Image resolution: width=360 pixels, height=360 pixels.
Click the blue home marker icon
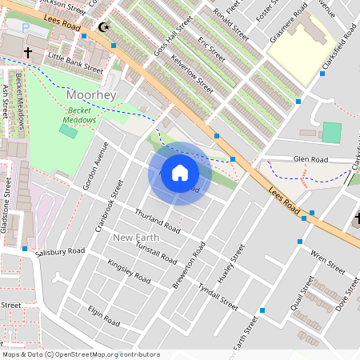(180, 173)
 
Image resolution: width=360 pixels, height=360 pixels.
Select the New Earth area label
(136, 238)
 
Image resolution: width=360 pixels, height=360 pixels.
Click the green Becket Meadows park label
(80, 114)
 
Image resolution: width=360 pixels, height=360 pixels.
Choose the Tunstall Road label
(156, 254)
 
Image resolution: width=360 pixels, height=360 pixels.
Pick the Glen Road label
(311, 159)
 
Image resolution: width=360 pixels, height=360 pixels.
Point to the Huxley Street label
(232, 263)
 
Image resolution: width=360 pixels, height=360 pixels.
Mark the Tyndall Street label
(218, 300)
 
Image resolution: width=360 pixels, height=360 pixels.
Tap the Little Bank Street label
(75, 63)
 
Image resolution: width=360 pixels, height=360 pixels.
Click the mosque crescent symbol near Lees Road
(102, 27)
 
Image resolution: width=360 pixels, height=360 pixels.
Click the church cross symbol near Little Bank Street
(28, 53)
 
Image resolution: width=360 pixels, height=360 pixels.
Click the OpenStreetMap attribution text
(80, 354)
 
